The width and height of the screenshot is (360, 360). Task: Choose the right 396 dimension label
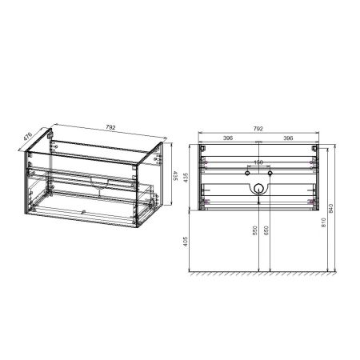tap(287, 138)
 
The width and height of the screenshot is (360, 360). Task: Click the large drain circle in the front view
tap(258, 189)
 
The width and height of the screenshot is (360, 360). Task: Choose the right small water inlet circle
tap(270, 172)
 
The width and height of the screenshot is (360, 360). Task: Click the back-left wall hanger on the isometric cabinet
tap(52, 145)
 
